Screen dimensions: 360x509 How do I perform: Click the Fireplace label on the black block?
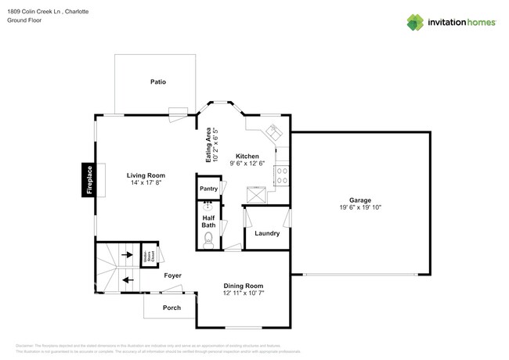(89, 180)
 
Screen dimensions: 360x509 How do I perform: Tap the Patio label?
(158, 82)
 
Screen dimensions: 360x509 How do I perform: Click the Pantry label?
(208, 189)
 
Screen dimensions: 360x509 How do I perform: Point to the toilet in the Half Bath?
(208, 240)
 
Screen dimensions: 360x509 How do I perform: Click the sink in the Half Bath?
(208, 207)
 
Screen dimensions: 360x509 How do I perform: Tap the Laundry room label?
(267, 233)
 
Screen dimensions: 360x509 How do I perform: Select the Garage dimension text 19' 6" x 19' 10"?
(360, 208)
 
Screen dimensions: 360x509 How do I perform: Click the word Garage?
(360, 200)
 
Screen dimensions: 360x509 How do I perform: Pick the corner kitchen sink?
(274, 130)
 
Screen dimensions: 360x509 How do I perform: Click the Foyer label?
(172, 275)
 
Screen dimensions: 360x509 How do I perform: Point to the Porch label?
(171, 308)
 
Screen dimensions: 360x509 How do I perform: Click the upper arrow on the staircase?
(127, 256)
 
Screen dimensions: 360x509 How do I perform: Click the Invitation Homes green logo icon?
(415, 23)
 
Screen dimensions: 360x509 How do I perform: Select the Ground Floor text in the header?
(24, 20)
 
